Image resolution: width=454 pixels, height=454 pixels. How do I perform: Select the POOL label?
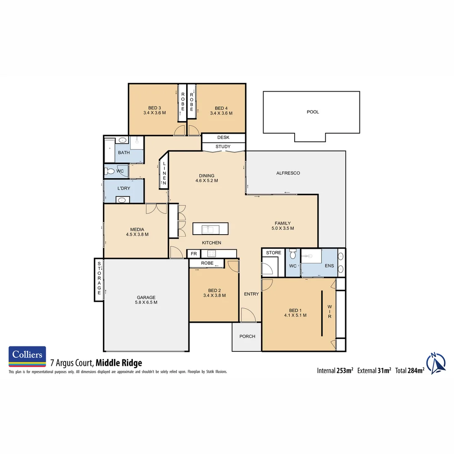[x=313, y=112]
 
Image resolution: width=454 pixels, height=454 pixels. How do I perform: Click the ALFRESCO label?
[x=288, y=173]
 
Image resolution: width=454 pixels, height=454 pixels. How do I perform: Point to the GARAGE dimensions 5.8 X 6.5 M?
[x=146, y=302]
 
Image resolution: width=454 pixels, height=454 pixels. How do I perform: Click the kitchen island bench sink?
[x=210, y=229]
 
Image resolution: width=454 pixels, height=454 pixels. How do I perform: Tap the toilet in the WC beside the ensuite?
[x=293, y=254]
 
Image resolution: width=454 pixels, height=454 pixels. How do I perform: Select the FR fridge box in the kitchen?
[x=193, y=253]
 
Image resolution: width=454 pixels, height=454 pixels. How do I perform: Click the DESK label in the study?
[x=223, y=137]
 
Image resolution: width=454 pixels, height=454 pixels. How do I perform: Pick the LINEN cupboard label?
[x=164, y=174]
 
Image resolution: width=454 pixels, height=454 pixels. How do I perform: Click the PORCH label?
[x=247, y=336]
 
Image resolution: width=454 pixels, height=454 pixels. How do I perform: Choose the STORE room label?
[x=273, y=253]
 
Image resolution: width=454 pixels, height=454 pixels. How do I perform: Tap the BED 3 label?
[x=155, y=108]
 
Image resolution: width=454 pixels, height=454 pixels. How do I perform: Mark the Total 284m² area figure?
[x=410, y=370]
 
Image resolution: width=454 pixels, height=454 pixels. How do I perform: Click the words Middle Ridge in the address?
[x=119, y=363]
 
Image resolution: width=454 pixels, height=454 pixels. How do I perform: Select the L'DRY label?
[x=124, y=188]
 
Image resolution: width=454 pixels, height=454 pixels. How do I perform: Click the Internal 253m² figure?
[x=335, y=370]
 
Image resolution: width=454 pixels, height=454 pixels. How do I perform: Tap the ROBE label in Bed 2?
[x=207, y=263]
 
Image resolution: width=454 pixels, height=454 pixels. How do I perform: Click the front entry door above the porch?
[x=247, y=315]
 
